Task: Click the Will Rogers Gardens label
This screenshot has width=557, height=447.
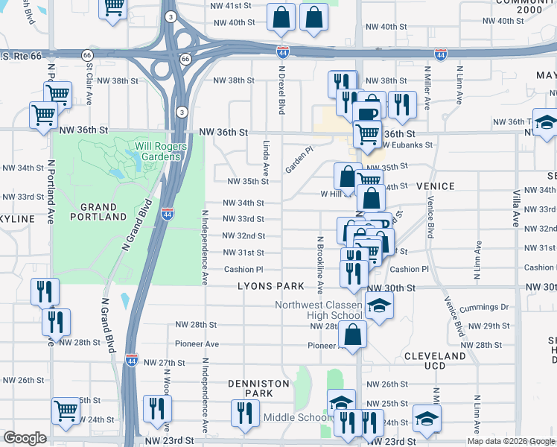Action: [158, 151]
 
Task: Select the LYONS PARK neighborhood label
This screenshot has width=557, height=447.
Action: [271, 286]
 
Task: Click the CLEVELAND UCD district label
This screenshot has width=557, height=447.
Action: [435, 361]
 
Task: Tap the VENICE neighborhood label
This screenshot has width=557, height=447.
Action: [435, 186]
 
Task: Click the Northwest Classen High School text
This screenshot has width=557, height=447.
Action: [319, 310]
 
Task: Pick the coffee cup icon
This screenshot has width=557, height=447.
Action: [368, 112]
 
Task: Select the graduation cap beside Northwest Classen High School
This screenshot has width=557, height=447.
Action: [379, 306]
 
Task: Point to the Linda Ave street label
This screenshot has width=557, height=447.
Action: [266, 155]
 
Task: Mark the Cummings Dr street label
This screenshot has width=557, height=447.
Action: [483, 307]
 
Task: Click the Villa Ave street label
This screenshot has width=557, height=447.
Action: [515, 208]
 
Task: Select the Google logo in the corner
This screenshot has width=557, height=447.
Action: [25, 438]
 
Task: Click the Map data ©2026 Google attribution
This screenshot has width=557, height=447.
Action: [511, 441]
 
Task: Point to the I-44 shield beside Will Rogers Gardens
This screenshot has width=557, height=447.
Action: [168, 213]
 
